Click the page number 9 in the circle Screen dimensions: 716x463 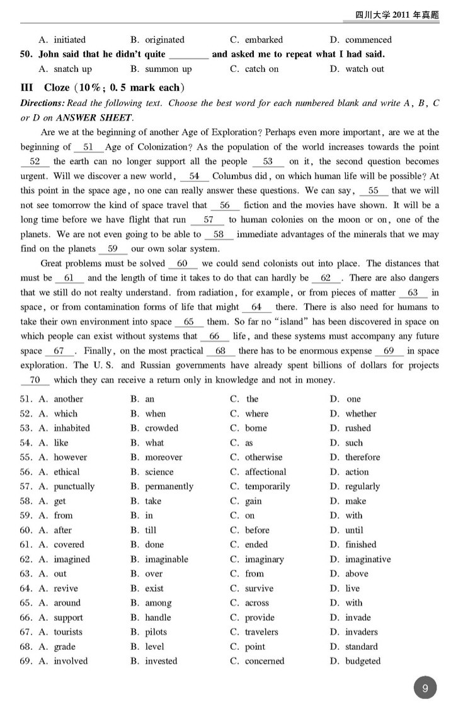click(425, 689)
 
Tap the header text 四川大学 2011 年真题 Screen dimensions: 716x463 click(397, 14)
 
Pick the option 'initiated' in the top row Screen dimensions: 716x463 click(69, 40)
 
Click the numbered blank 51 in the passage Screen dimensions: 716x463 click(88, 147)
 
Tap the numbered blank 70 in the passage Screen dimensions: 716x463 click(35, 380)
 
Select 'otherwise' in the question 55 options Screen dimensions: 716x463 click(263, 458)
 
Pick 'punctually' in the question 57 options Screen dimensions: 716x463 click(74, 487)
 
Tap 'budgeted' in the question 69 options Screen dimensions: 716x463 click(363, 661)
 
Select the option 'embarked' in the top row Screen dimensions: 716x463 click(264, 40)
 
